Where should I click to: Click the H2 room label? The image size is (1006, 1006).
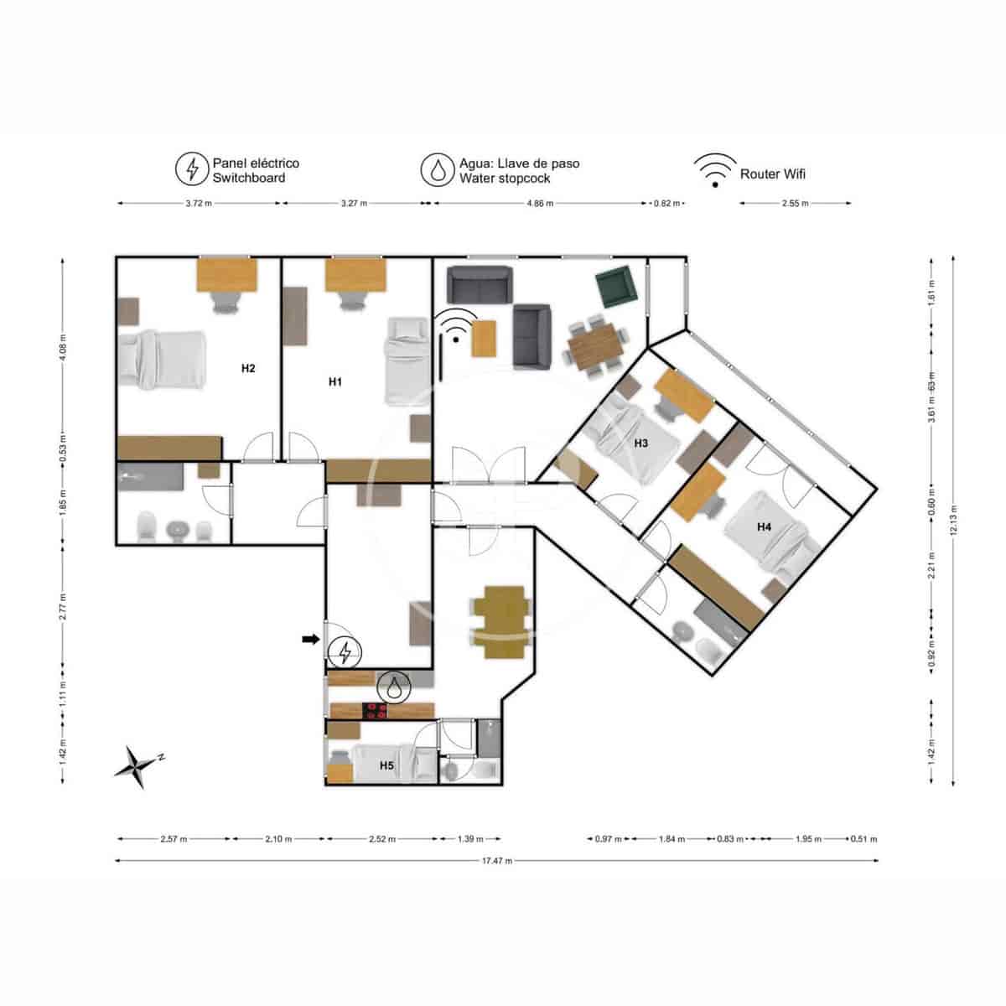(x=248, y=368)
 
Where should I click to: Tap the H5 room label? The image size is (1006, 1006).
(x=386, y=765)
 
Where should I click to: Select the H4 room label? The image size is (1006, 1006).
(x=764, y=527)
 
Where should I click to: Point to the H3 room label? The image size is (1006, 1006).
(x=640, y=443)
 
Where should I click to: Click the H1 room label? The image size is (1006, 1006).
(x=335, y=381)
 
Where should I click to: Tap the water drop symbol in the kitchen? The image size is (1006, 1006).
(x=393, y=687)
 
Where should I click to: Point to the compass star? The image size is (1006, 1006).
(x=136, y=765)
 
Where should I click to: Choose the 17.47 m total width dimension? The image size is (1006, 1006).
(x=497, y=860)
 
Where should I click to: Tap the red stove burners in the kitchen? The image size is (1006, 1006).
(x=375, y=711)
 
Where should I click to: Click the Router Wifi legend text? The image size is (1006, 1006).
(x=772, y=174)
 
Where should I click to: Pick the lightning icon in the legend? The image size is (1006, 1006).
(x=192, y=169)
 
